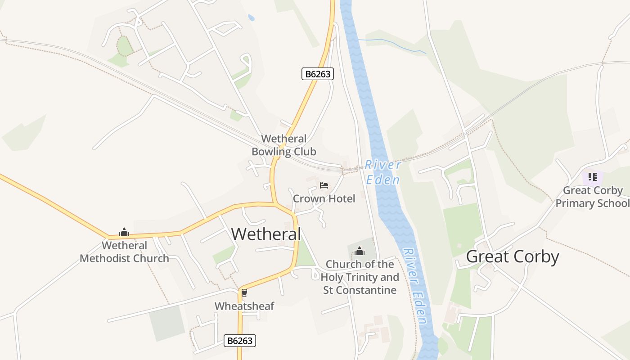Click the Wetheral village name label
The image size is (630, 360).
pyautogui.click(x=265, y=234)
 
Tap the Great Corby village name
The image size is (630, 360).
pyautogui.click(x=512, y=256)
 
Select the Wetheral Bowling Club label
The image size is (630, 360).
pyautogui.click(x=283, y=145)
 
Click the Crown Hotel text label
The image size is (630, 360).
pyautogui.click(x=324, y=198)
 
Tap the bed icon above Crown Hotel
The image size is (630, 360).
pyautogui.click(x=324, y=185)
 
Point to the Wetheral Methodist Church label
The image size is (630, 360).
pyautogui.click(x=125, y=252)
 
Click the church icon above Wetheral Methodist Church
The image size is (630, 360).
pyautogui.click(x=124, y=233)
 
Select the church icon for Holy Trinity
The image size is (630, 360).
pyautogui.click(x=360, y=251)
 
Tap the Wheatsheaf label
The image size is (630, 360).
pyautogui.click(x=244, y=306)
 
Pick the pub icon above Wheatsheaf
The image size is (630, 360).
pyautogui.click(x=244, y=293)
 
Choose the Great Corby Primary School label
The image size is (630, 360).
pyautogui.click(x=592, y=197)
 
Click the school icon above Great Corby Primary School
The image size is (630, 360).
pyautogui.click(x=592, y=177)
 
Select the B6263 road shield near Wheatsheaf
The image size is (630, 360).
pyautogui.click(x=240, y=341)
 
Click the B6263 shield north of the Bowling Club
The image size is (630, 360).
pyautogui.click(x=318, y=74)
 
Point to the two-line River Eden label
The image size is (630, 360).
pyautogui.click(x=382, y=172)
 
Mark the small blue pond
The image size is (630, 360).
pyautogui.click(x=251, y=18)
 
